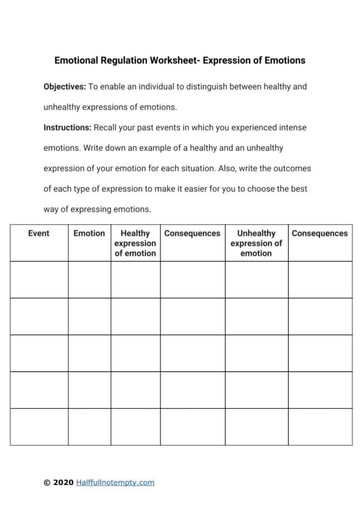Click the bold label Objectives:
65,87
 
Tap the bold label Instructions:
67,127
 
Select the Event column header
39,233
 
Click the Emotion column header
89,233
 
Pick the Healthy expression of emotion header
135,243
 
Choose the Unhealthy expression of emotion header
256,243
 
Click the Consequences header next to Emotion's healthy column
192,233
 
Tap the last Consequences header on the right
320,233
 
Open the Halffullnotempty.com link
116,482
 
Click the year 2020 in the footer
63,482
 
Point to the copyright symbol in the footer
47,482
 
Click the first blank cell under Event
39,279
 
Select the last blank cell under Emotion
89,427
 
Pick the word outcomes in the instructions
292,168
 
